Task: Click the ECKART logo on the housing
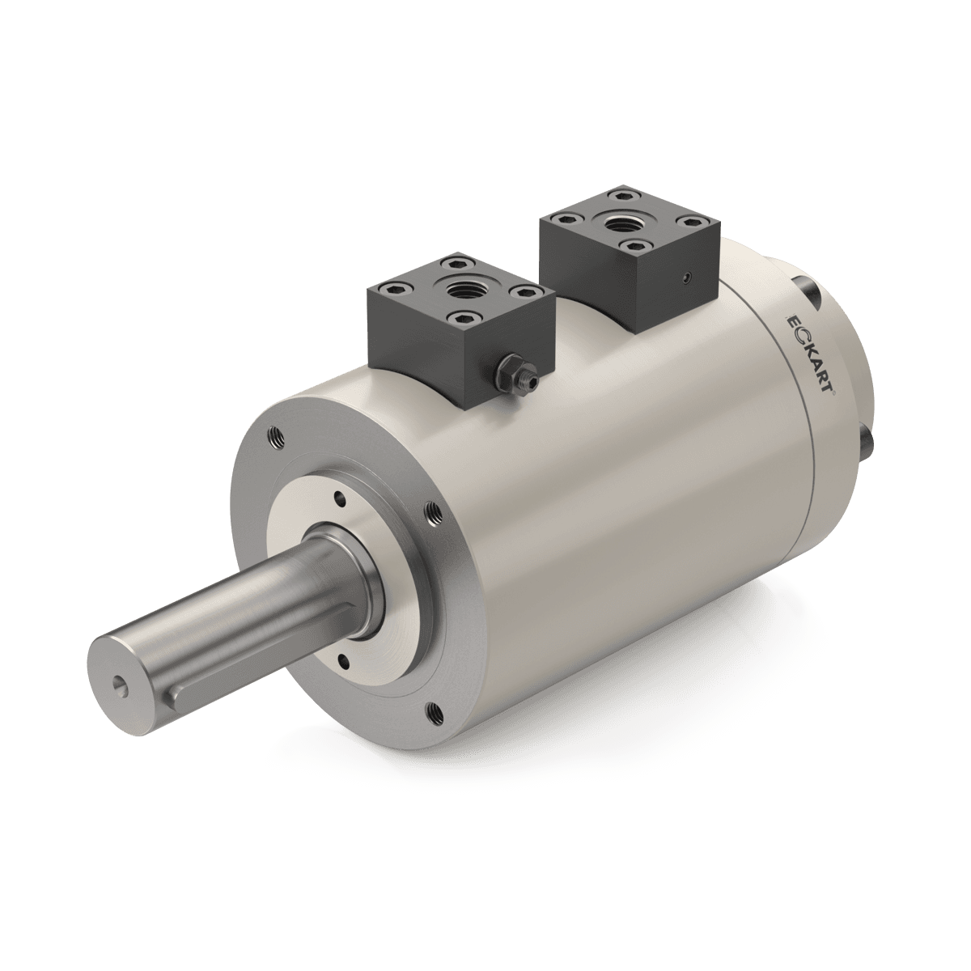pyautogui.click(x=813, y=354)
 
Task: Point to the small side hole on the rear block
pyautogui.click(x=685, y=278)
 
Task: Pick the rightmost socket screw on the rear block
pyautogui.click(x=692, y=221)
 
